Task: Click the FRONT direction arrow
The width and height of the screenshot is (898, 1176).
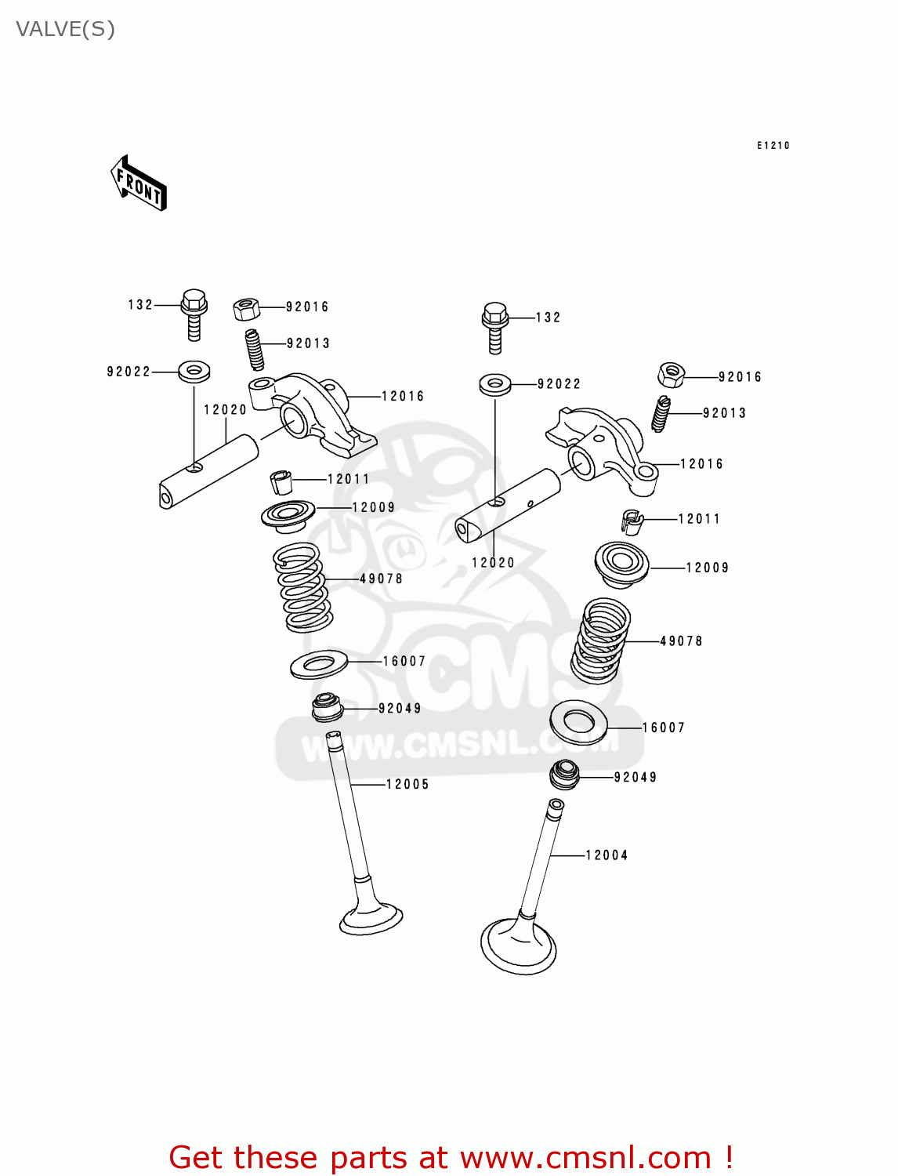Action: (x=139, y=184)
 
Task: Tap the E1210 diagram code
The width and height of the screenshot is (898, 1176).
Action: (x=773, y=145)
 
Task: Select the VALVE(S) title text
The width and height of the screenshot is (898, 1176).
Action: (x=66, y=30)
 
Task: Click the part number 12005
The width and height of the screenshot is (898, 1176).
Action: (x=407, y=784)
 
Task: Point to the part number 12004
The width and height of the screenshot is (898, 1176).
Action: (x=607, y=855)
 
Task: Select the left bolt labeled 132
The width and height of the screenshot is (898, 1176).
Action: (x=194, y=313)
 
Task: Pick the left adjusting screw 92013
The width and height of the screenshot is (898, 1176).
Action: (x=255, y=349)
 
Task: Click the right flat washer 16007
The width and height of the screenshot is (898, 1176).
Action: (x=578, y=722)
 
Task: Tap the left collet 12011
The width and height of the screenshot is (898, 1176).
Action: (x=281, y=481)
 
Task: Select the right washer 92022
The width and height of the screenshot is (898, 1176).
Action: (x=494, y=384)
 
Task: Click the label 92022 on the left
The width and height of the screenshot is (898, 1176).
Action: (x=129, y=372)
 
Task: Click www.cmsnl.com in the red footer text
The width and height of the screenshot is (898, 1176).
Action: (x=585, y=1157)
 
